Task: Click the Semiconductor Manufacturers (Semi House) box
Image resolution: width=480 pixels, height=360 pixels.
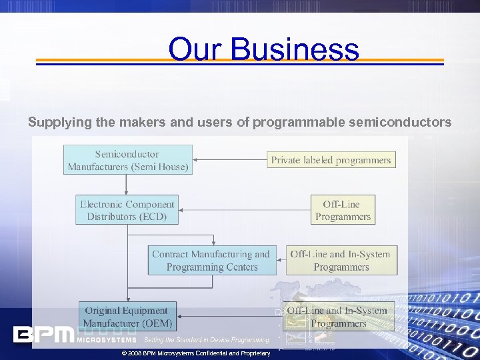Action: point(128,161)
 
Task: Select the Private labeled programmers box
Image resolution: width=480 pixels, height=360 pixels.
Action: point(331,160)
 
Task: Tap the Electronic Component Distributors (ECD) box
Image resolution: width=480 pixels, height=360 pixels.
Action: point(127,211)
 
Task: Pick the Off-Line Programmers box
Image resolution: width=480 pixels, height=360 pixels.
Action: point(343,211)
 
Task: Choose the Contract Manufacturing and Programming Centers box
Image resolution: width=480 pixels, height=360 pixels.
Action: point(211,261)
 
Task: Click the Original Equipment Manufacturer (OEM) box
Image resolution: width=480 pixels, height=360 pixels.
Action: point(127,317)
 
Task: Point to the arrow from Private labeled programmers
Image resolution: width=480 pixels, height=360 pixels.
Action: point(230,160)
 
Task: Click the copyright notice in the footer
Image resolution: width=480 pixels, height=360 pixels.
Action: point(193,353)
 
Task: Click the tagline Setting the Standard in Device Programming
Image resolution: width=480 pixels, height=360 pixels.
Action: point(207,340)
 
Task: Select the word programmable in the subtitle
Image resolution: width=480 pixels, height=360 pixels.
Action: point(299,123)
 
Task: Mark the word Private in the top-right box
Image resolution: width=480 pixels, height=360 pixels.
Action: point(287,160)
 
